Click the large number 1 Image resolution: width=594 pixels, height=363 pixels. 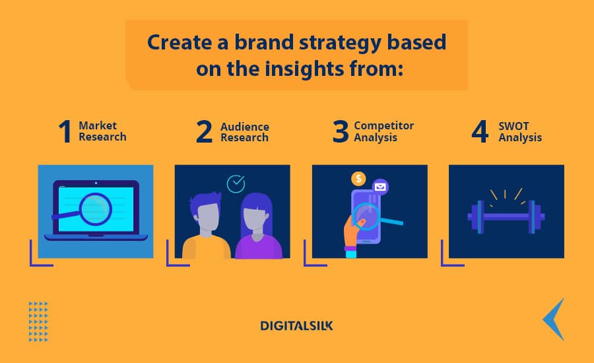click(65, 131)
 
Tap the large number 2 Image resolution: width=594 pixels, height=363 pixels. click(204, 131)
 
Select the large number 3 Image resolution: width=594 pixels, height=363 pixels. click(340, 131)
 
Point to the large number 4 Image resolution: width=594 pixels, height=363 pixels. click(480, 131)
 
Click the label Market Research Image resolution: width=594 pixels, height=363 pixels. click(102, 131)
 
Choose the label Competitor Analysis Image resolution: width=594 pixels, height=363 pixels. click(383, 131)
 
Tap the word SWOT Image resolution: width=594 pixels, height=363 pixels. click(513, 126)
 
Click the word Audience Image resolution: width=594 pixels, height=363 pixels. click(245, 127)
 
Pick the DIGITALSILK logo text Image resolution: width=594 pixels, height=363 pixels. click(296, 326)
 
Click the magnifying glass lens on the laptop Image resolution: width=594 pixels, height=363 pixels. click(96, 209)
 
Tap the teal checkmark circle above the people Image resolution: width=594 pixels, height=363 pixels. click(236, 183)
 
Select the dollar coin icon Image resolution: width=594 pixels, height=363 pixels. click(358, 178)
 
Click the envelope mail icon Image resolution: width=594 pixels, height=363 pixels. click(380, 187)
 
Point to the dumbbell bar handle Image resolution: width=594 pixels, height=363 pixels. click(506, 216)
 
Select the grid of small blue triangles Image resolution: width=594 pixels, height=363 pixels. click(38, 321)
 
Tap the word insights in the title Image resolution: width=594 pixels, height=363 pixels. click(304, 69)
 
